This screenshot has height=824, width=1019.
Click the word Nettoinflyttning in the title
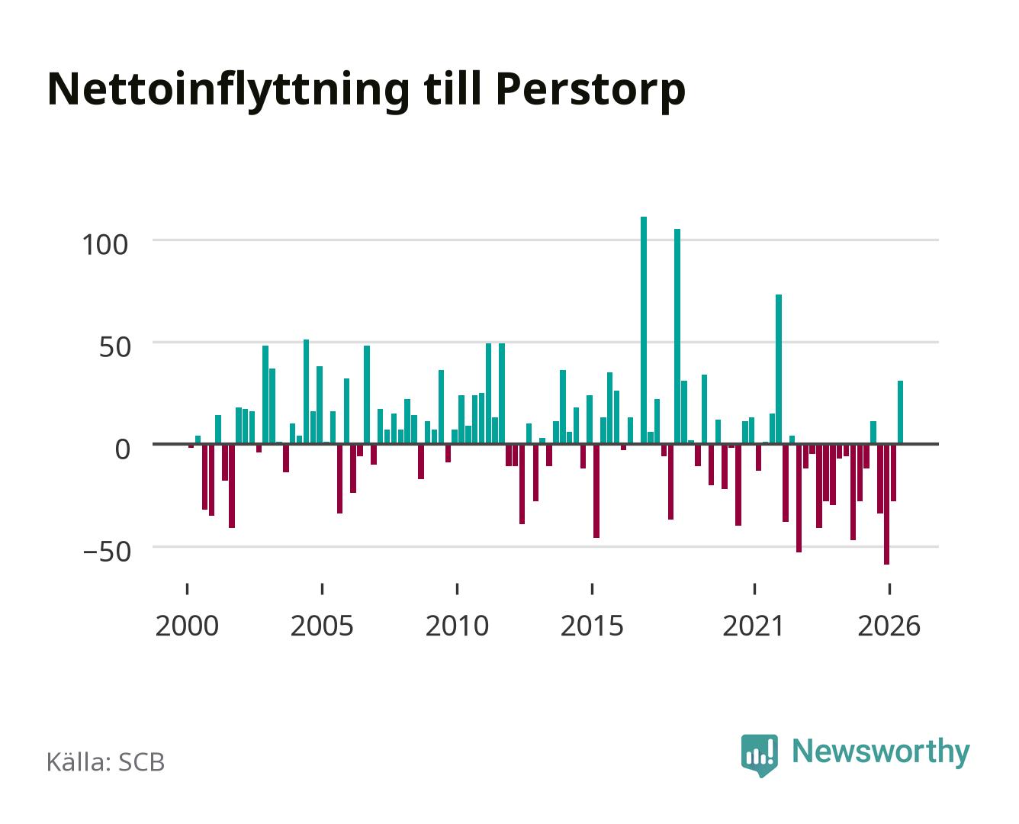point(227,90)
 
